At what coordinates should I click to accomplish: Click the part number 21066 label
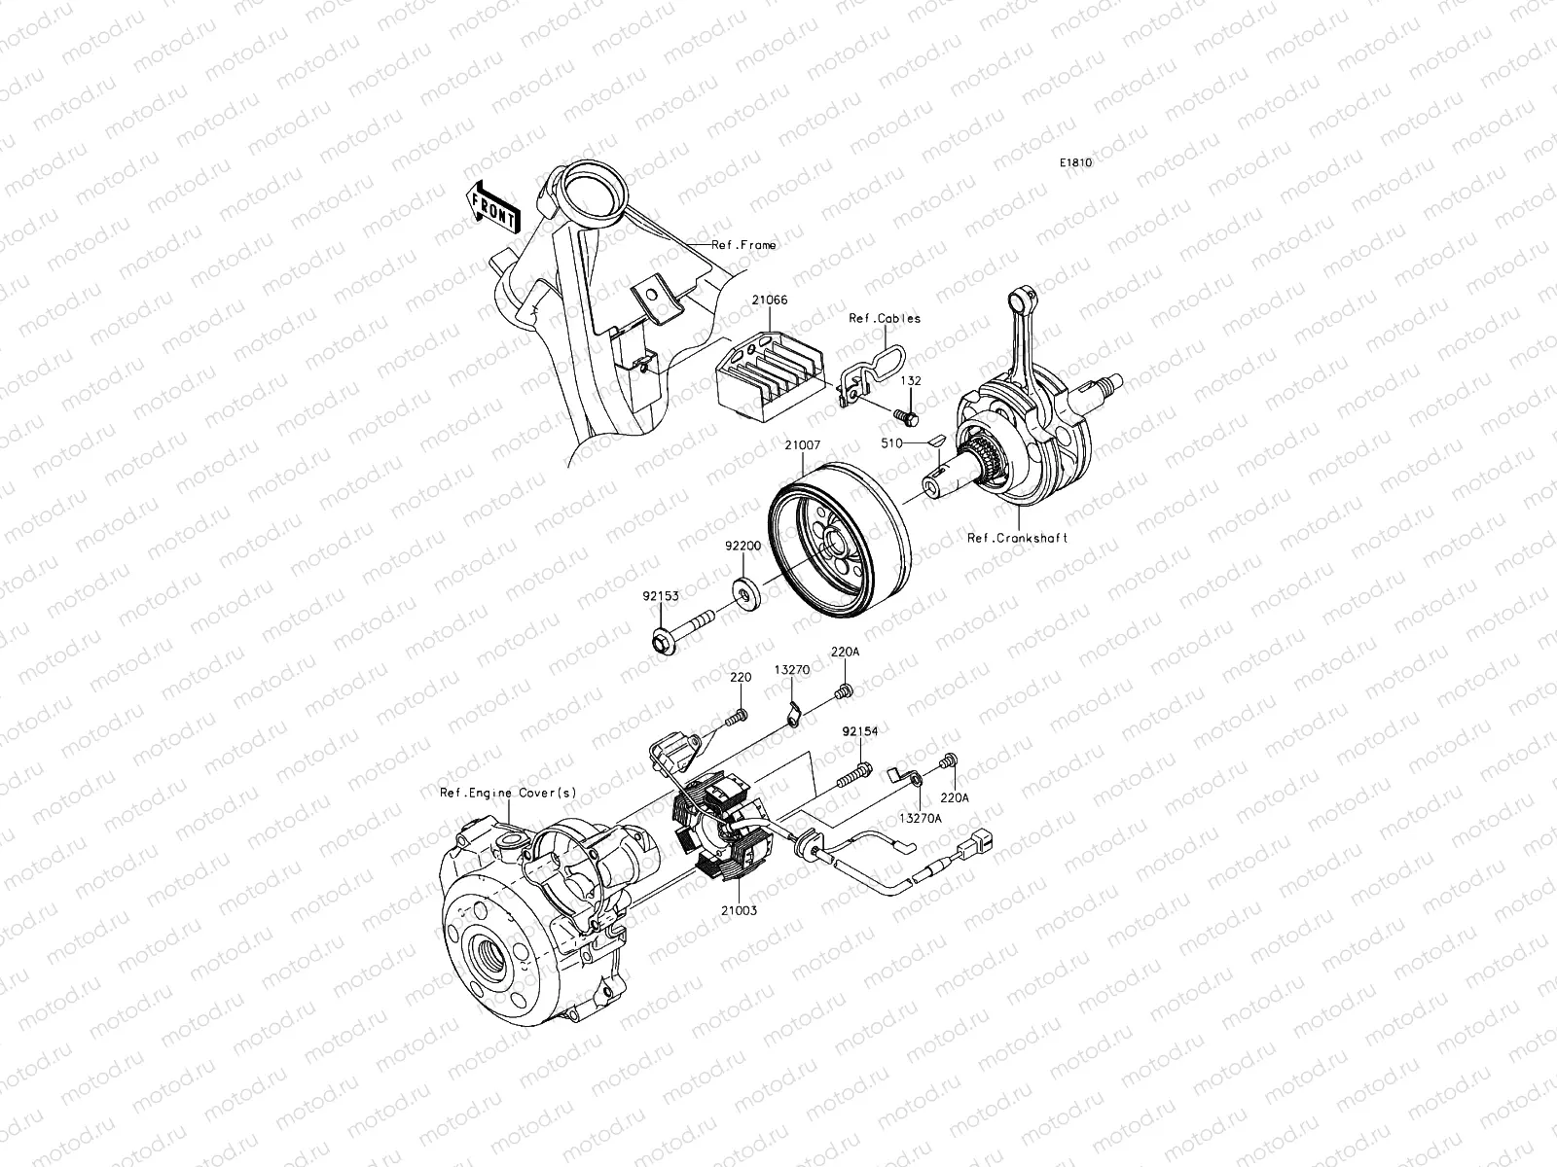click(x=769, y=301)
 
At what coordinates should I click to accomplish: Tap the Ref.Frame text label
click(x=743, y=245)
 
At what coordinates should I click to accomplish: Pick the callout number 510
click(x=893, y=442)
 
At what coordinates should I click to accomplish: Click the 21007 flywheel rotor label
click(x=803, y=445)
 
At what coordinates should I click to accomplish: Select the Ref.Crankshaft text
click(x=1017, y=538)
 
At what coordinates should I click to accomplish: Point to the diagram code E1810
click(x=1075, y=164)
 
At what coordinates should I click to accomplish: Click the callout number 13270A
click(x=920, y=819)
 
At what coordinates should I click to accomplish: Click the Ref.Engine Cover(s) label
click(x=507, y=793)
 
